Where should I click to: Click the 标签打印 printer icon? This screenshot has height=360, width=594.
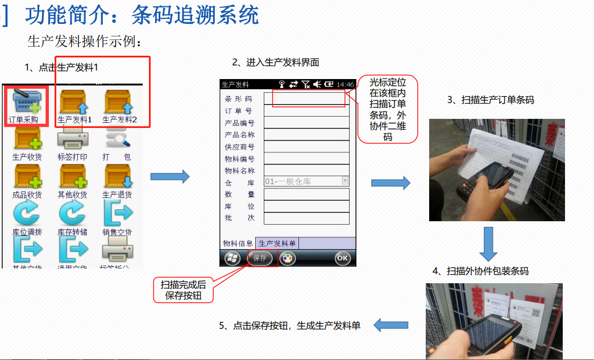tap(73, 139)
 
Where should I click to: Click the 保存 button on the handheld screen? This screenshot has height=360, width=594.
tap(260, 258)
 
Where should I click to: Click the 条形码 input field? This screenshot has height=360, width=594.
tap(306, 98)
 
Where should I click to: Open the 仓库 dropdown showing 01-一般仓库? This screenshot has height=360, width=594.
tap(306, 181)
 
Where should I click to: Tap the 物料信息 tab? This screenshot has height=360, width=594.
tap(238, 243)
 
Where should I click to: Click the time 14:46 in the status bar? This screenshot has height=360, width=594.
tap(345, 85)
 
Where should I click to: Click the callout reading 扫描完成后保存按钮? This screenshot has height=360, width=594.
tap(182, 290)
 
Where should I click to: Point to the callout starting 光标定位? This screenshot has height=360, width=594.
tap(388, 109)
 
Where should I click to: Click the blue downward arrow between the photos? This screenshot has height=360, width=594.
tap(488, 243)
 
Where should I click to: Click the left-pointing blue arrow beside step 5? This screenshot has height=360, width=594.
tap(391, 325)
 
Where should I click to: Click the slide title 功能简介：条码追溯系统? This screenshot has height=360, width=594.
tap(142, 15)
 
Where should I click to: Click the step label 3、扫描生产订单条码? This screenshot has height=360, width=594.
tap(491, 100)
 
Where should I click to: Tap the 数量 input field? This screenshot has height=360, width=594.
tap(306, 195)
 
